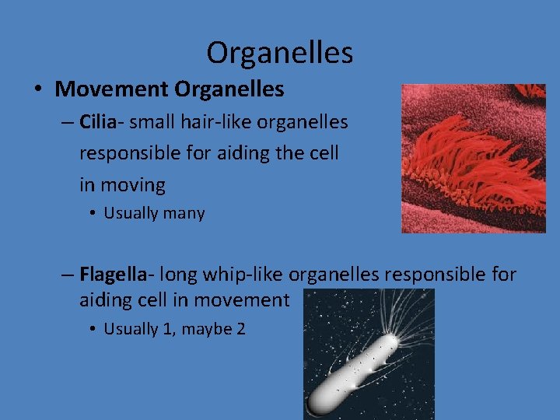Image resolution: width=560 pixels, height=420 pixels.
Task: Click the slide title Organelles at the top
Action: [279, 53]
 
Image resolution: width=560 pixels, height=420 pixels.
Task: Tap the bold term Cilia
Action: [98, 122]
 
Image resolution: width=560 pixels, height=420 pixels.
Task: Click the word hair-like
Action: [207, 122]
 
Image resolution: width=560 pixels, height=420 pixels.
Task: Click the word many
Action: [184, 213]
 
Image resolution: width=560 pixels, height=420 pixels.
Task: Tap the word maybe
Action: [207, 329]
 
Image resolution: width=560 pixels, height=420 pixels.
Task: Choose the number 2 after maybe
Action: [240, 329]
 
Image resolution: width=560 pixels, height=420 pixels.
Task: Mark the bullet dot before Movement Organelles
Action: [39, 90]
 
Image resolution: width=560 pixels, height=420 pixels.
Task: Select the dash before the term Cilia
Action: [68, 123]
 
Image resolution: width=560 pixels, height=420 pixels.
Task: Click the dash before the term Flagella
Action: [68, 275]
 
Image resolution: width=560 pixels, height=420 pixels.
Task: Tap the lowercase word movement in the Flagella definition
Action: [241, 299]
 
